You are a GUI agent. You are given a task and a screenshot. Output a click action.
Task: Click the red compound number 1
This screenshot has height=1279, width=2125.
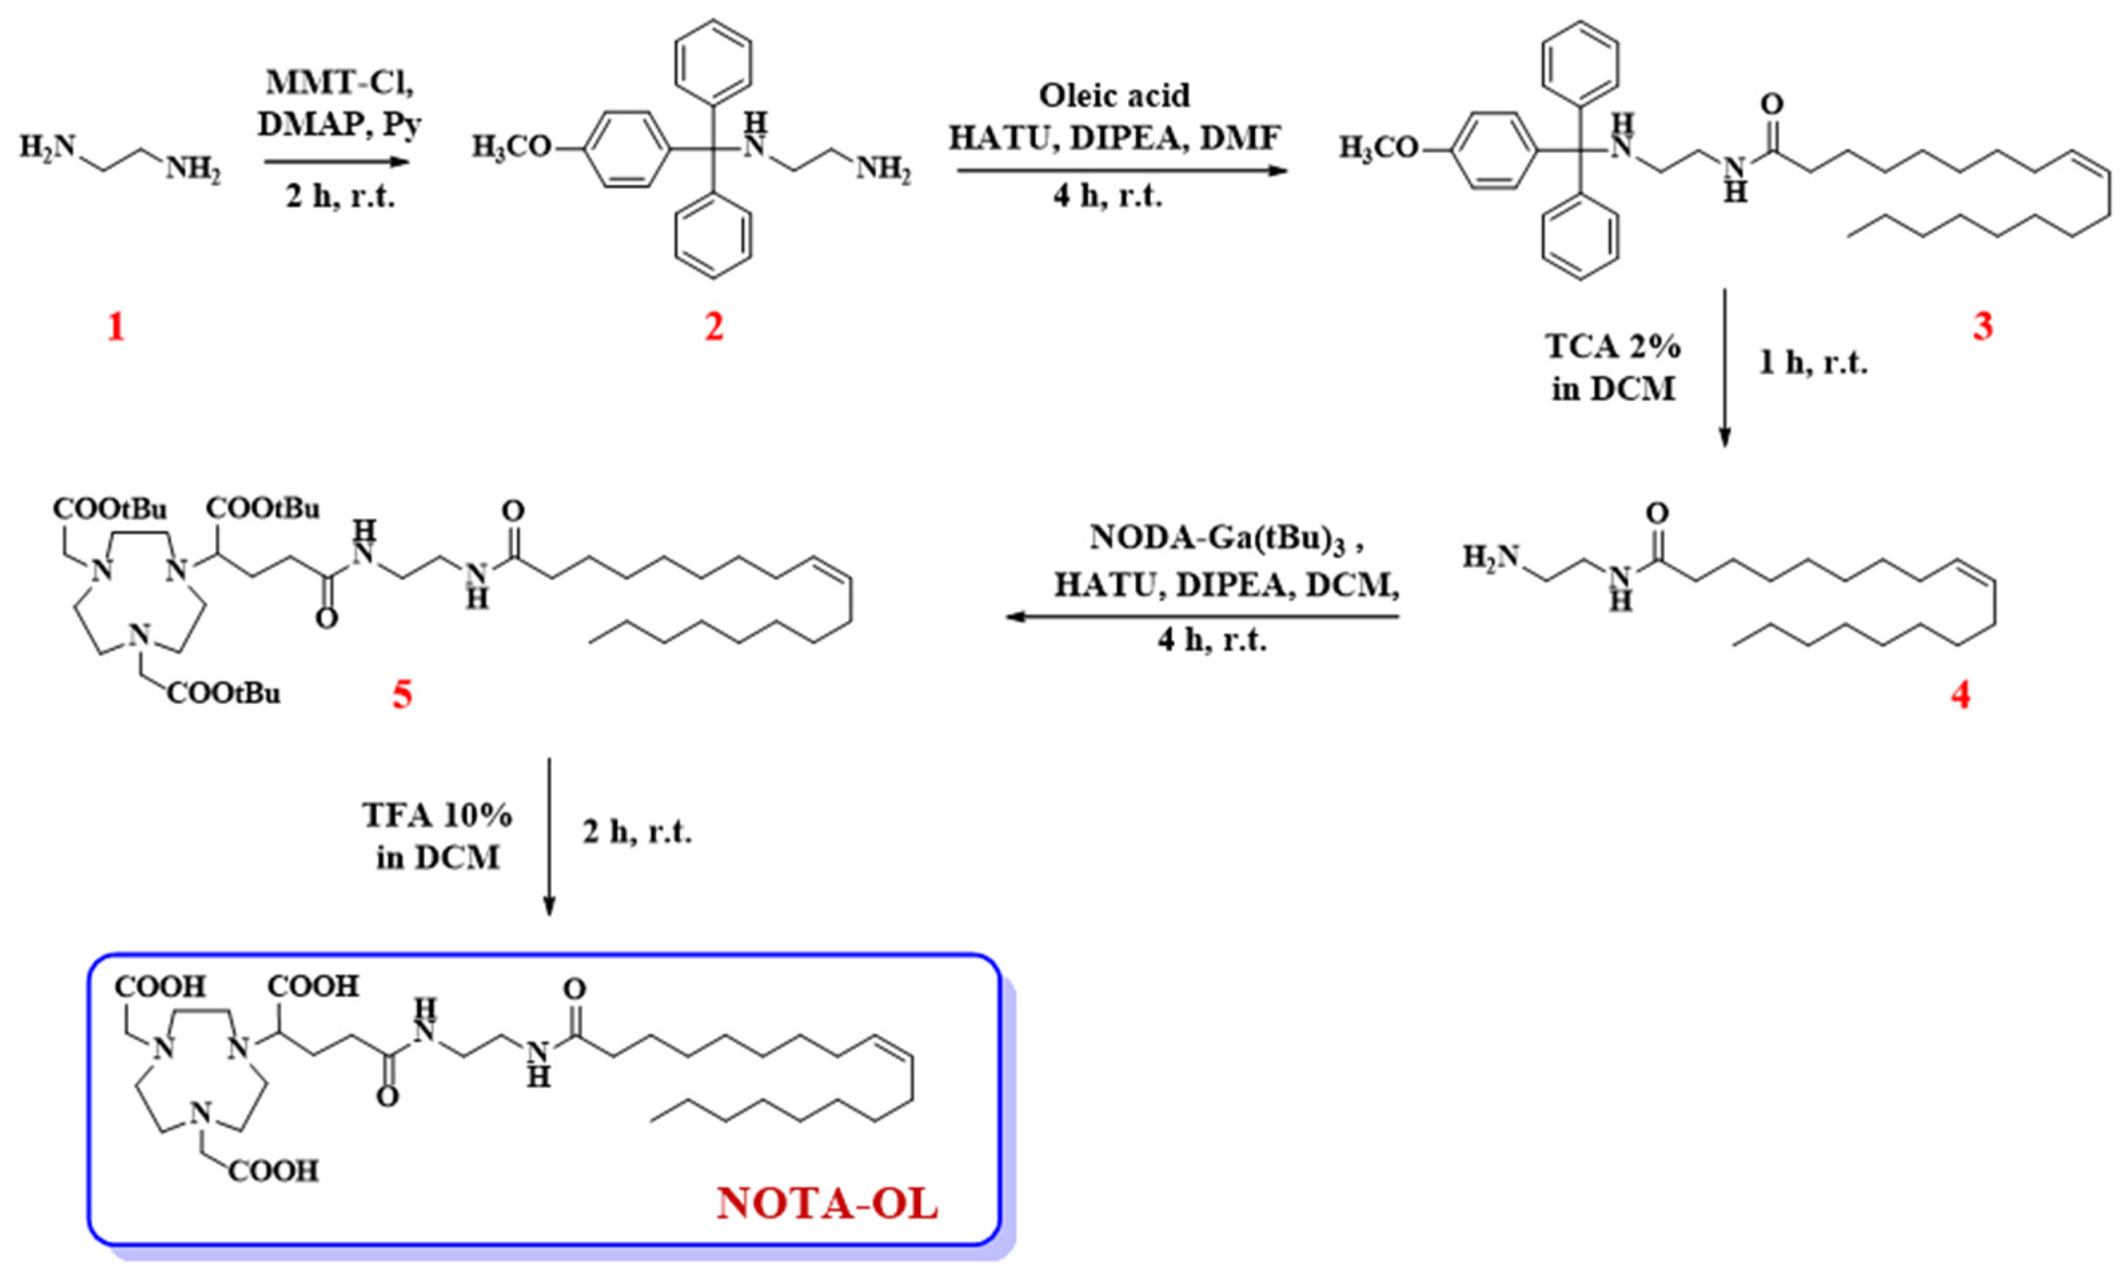tap(115, 327)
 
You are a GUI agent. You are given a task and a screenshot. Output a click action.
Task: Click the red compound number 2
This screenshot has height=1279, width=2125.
tap(714, 327)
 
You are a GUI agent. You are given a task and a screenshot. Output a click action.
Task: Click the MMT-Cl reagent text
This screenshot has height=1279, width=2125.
tap(340, 83)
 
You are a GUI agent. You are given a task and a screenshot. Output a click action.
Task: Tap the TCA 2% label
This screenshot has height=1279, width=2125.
tap(1612, 347)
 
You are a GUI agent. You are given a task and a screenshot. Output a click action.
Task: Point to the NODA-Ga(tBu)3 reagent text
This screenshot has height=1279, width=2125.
tap(1224, 537)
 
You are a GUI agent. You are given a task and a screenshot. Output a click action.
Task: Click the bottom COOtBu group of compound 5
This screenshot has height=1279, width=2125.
tap(224, 693)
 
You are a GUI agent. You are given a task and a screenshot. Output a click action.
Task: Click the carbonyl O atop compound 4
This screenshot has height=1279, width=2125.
tap(1656, 513)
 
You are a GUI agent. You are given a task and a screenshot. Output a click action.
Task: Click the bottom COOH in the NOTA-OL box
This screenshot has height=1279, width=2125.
tap(274, 1170)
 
